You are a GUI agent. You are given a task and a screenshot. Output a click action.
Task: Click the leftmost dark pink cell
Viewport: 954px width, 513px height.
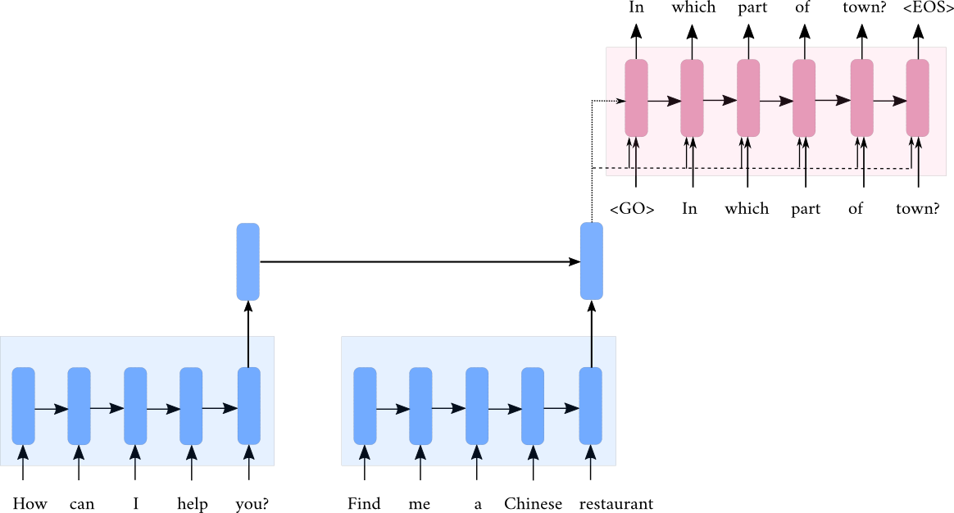636,98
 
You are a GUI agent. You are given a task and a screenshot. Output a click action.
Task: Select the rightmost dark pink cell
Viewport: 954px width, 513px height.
917,98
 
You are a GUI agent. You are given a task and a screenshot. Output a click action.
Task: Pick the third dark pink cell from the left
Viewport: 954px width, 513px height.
748,98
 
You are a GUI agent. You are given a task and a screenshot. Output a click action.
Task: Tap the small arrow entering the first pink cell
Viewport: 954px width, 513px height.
616,101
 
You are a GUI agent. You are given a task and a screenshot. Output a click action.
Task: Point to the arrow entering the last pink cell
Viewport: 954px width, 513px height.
889,101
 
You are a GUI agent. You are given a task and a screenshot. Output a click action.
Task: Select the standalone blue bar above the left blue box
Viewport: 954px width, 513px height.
248,261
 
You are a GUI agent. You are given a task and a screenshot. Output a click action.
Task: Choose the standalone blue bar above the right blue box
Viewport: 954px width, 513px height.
591,261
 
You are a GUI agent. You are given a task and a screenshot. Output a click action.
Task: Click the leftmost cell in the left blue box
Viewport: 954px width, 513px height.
23,406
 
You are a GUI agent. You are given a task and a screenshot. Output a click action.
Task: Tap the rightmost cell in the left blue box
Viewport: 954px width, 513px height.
248,406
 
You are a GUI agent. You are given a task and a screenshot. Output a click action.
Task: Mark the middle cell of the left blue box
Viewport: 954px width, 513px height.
135,406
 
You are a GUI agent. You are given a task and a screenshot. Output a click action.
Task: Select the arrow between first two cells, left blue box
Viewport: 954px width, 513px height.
51,408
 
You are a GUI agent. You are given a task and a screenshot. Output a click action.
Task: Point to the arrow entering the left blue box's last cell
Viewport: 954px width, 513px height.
220,407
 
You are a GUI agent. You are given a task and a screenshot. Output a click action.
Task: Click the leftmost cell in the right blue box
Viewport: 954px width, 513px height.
365,406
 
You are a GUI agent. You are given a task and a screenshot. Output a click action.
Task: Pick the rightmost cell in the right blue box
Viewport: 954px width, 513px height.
590,406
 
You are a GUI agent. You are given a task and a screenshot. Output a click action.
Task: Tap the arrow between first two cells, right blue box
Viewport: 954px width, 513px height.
393,408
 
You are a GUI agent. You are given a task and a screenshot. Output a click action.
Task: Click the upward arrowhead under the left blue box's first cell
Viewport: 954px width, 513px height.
23,452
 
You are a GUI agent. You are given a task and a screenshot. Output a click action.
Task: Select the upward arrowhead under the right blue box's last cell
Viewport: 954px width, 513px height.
590,452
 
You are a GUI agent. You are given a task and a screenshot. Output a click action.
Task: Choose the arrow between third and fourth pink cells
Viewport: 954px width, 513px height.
776,101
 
